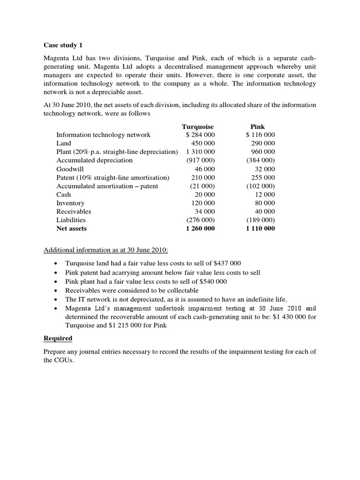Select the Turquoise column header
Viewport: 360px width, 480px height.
tap(197, 127)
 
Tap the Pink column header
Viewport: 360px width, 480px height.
tap(258, 127)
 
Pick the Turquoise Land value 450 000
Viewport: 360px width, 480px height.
tap(203, 143)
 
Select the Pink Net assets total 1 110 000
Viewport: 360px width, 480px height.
tap(260, 229)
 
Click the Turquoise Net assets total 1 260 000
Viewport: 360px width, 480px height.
tap(200, 229)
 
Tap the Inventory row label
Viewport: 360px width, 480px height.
tap(70, 203)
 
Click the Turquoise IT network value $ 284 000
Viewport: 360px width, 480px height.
tap(200, 135)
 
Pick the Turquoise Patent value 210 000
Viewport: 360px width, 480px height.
tap(203, 178)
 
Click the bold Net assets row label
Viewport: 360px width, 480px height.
tap(72, 229)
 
